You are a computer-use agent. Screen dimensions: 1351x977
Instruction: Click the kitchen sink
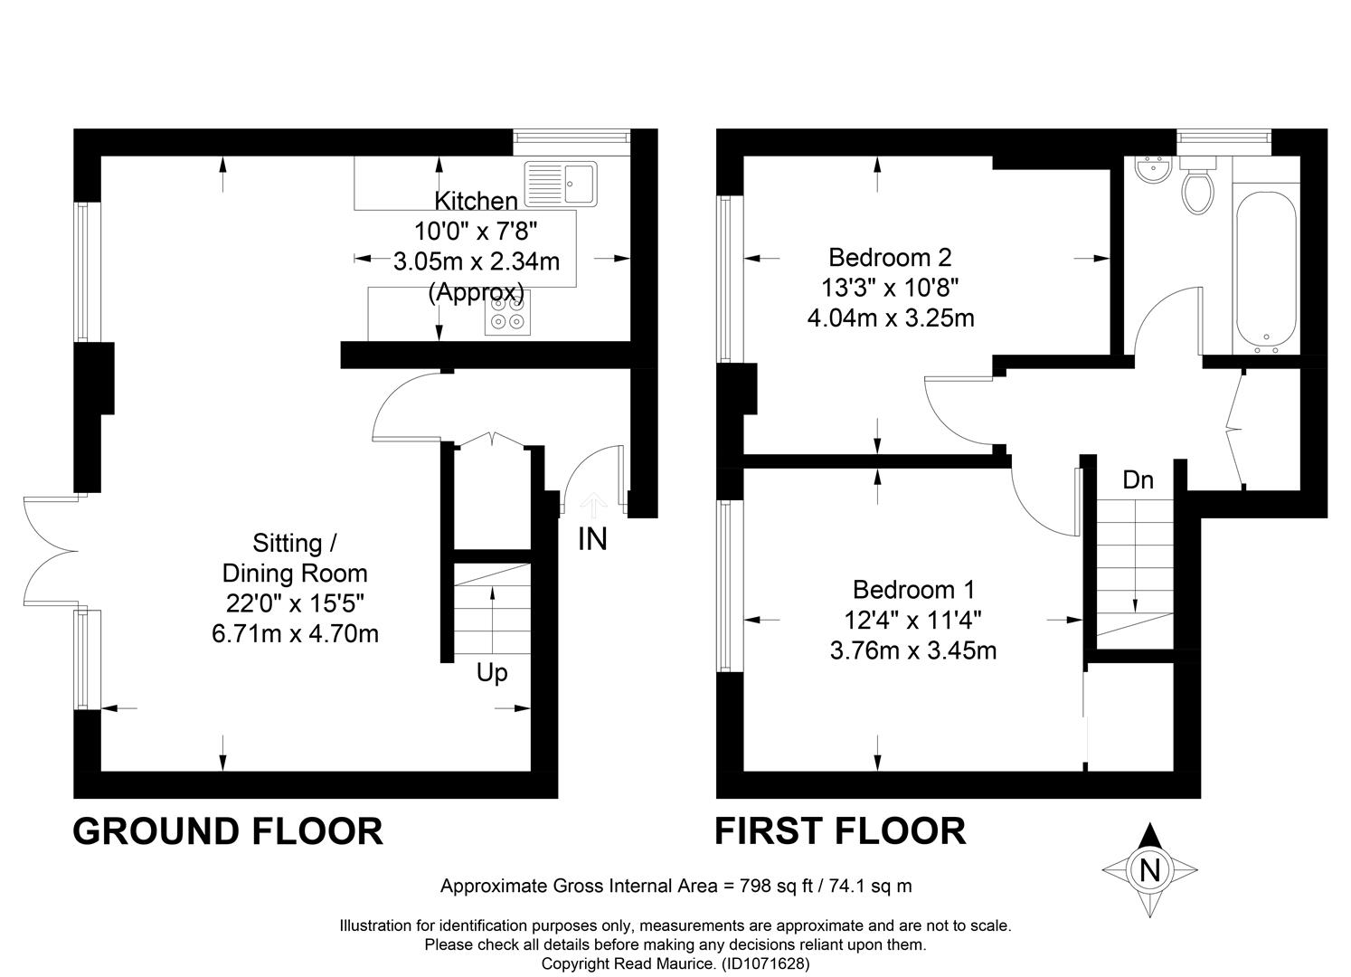(561, 184)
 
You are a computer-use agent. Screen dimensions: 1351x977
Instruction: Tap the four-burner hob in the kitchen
(507, 313)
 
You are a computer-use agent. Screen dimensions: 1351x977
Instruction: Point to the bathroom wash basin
(1153, 169)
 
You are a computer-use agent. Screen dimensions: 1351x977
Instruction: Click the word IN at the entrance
(592, 539)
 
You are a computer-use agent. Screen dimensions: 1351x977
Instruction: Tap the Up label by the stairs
(492, 673)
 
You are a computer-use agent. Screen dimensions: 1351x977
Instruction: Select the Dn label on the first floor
(1138, 480)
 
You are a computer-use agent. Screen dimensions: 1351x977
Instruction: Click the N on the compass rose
(1149, 870)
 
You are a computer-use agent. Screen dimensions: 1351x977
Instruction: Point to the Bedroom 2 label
(890, 258)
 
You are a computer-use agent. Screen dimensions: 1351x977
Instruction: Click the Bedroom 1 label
(913, 590)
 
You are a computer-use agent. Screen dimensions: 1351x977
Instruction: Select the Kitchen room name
(476, 201)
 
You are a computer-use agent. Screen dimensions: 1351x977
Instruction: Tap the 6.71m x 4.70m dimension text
(295, 634)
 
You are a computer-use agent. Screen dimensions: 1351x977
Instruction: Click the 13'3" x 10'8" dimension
(890, 288)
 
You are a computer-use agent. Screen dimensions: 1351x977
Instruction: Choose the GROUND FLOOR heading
(228, 832)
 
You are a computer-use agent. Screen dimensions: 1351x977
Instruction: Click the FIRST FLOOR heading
(840, 832)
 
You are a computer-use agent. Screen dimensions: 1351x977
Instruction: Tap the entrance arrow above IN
(594, 506)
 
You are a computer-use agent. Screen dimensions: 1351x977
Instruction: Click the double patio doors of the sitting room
(51, 551)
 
